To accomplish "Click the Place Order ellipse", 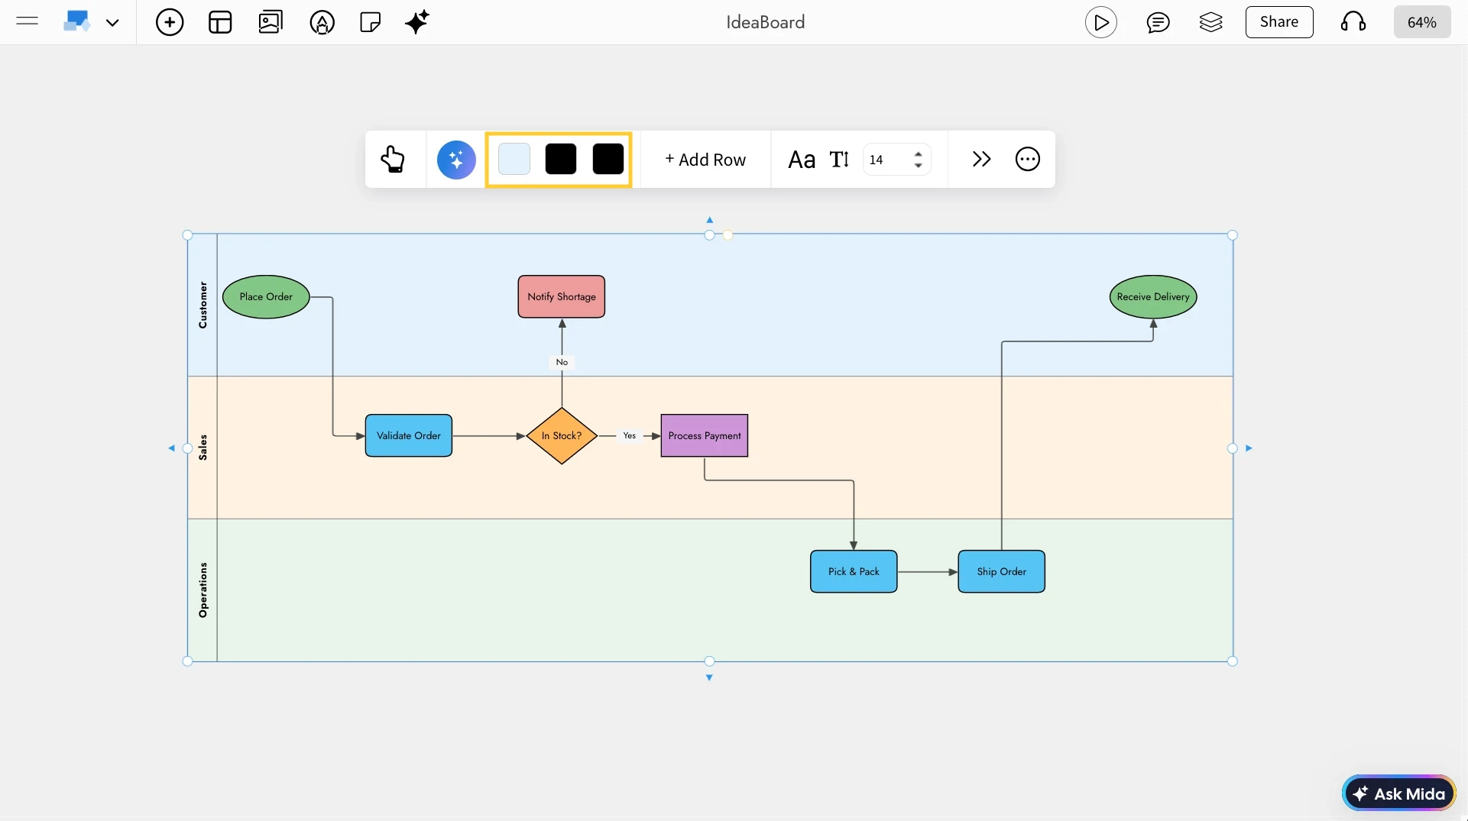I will click(266, 297).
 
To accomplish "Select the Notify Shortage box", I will click(562, 297).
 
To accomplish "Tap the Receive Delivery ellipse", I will click(1153, 297).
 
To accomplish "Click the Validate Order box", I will click(409, 436).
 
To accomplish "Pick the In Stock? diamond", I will click(562, 436).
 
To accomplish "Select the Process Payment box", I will click(705, 436).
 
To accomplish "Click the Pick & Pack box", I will click(854, 572).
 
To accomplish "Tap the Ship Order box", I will click(1002, 572).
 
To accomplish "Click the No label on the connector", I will click(562, 363).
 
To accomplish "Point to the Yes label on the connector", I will click(629, 436).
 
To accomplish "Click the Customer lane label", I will click(203, 305).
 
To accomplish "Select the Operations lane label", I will click(203, 590).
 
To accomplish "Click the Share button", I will click(1279, 22).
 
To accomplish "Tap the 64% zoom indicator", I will click(1421, 23).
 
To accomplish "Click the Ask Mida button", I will click(1399, 794).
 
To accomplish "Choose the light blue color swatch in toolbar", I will click(514, 160).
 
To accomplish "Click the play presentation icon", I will click(1101, 23).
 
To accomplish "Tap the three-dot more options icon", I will click(1028, 160).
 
